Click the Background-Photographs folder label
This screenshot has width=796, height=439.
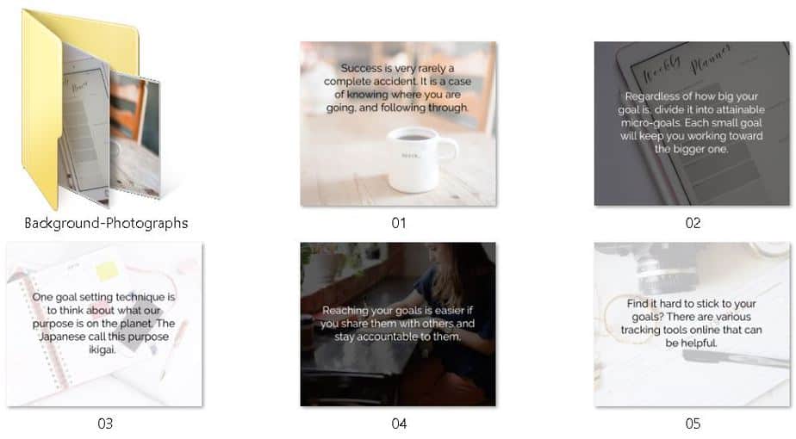(105, 224)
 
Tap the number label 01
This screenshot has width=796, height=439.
(398, 223)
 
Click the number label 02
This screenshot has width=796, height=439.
(693, 223)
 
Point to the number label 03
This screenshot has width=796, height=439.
(104, 423)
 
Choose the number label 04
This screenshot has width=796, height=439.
(398, 423)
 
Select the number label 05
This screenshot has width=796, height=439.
(693, 423)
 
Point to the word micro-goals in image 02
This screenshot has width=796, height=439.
(652, 122)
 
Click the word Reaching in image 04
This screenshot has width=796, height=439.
(346, 311)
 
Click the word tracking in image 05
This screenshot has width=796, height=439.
(642, 330)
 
